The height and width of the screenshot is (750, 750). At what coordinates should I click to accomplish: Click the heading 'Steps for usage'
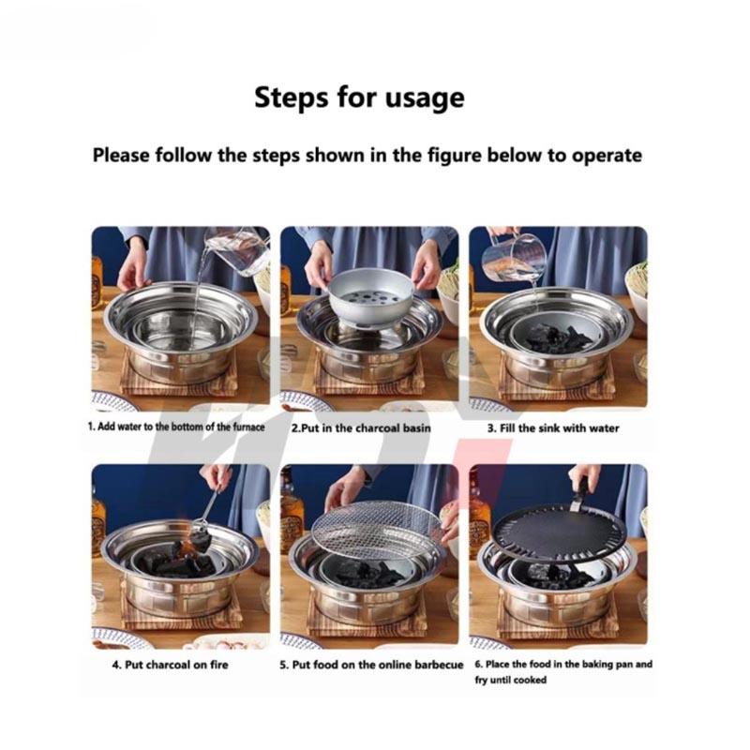pos(359,97)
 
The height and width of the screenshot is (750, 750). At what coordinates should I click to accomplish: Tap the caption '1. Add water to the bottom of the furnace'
pos(176,427)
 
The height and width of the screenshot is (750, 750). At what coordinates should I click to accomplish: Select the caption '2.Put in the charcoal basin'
pos(361,427)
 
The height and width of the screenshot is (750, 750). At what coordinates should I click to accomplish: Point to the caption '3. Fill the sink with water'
pos(552,427)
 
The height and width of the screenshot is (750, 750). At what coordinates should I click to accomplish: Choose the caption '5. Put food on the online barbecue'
pos(371,665)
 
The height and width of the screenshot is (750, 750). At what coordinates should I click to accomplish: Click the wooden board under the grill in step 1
pos(178,380)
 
